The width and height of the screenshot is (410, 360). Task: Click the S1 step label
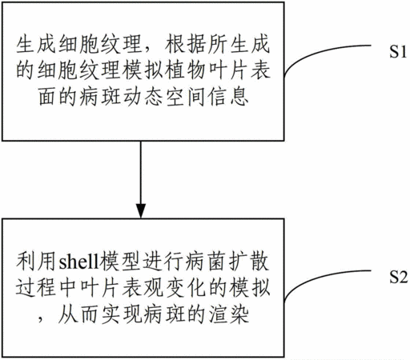[397, 51]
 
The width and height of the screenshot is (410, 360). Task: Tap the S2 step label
[398, 277]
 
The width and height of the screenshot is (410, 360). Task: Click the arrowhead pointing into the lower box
[141, 211]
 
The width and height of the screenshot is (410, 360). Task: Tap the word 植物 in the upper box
[186, 70]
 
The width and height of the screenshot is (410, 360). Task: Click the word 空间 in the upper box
[186, 97]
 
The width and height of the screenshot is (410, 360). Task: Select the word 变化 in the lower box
[186, 288]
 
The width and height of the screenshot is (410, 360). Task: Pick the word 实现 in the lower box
[122, 314]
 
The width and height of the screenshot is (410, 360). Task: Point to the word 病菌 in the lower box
[206, 262]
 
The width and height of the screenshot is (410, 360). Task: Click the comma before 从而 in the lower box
[41, 320]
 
